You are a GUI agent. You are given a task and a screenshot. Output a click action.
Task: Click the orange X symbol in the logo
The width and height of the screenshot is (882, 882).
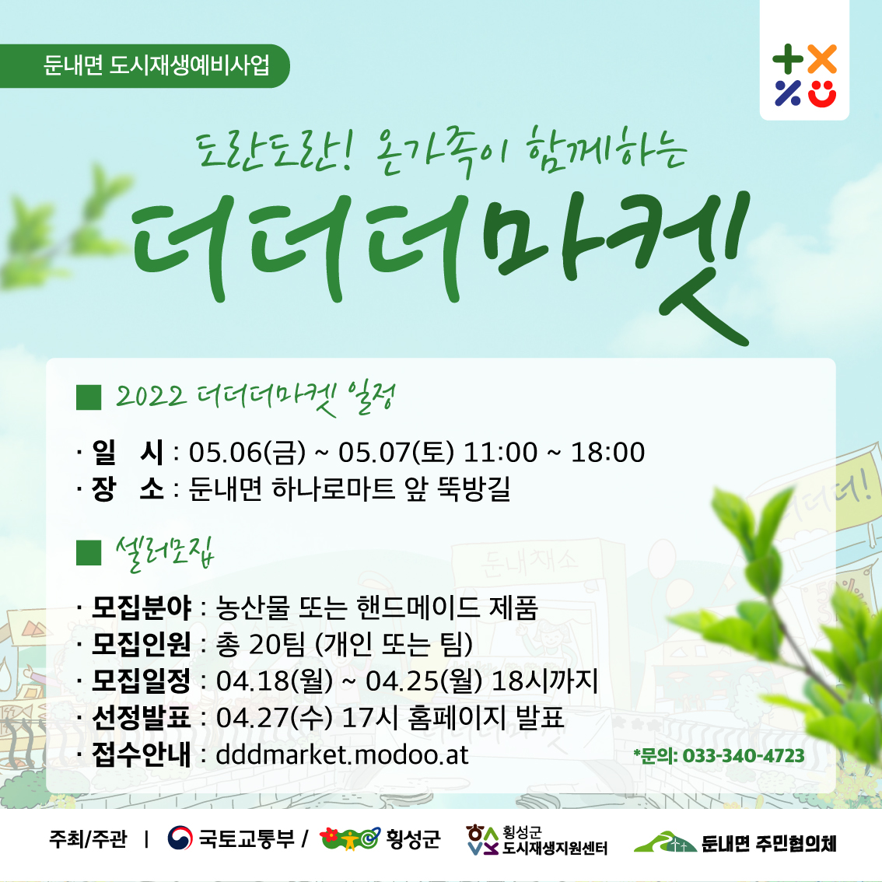pyautogui.click(x=822, y=59)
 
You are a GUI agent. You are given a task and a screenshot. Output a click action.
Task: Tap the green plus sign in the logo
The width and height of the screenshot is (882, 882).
pyautogui.click(x=787, y=59)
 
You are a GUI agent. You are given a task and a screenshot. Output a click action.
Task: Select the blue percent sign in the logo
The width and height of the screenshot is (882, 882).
pyautogui.click(x=787, y=93)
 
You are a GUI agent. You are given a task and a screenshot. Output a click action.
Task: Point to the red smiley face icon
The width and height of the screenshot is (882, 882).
pyautogui.click(x=822, y=93)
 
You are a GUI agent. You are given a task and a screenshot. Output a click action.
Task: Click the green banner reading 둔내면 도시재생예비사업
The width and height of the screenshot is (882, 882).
pyautogui.click(x=144, y=66)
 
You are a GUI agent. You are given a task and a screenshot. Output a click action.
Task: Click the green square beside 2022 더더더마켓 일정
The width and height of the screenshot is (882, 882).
pyautogui.click(x=89, y=397)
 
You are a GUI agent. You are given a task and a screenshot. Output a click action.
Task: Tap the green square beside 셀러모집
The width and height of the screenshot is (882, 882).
pyautogui.click(x=89, y=551)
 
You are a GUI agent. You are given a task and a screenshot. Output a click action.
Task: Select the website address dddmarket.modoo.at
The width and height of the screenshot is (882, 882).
pyautogui.click(x=342, y=754)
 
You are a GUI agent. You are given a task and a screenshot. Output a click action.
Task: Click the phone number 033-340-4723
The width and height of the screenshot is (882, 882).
pyautogui.click(x=743, y=755)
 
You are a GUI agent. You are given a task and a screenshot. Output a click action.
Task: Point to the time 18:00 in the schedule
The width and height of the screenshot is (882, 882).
pyautogui.click(x=607, y=452)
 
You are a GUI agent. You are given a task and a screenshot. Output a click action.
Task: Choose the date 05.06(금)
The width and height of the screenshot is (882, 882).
pyautogui.click(x=247, y=452)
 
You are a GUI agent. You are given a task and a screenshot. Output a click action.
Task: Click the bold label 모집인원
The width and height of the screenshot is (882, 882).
pyautogui.click(x=142, y=644)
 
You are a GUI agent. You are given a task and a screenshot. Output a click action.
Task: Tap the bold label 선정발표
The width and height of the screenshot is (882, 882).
pyautogui.click(x=142, y=717)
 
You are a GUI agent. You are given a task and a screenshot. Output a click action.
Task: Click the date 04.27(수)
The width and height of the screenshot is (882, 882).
pyautogui.click(x=274, y=718)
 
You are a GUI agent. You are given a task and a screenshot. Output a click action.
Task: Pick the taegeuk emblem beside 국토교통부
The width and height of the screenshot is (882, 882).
pyautogui.click(x=180, y=838)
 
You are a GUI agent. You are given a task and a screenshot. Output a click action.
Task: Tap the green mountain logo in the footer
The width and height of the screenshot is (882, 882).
pyautogui.click(x=666, y=842)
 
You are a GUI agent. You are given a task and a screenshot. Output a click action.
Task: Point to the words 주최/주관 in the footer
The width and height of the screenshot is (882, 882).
pyautogui.click(x=89, y=838)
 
